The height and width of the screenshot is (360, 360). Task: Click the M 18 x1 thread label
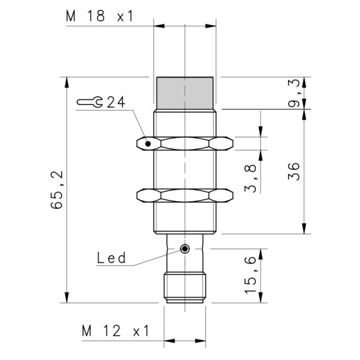point(100,17)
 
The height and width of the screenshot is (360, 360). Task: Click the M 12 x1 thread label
point(115,332)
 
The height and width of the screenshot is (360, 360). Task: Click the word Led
point(111,258)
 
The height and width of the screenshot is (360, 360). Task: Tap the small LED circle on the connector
point(184,249)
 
